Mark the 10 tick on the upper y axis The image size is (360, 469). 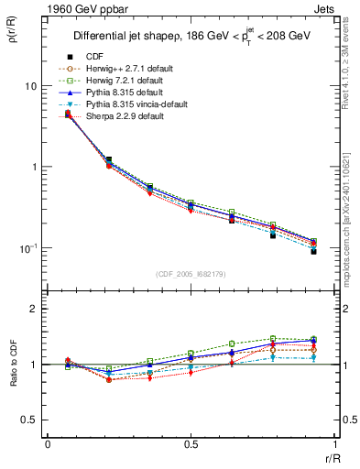(30, 86)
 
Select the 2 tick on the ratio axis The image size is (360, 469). (33, 309)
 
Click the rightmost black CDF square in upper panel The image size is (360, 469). (313, 251)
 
